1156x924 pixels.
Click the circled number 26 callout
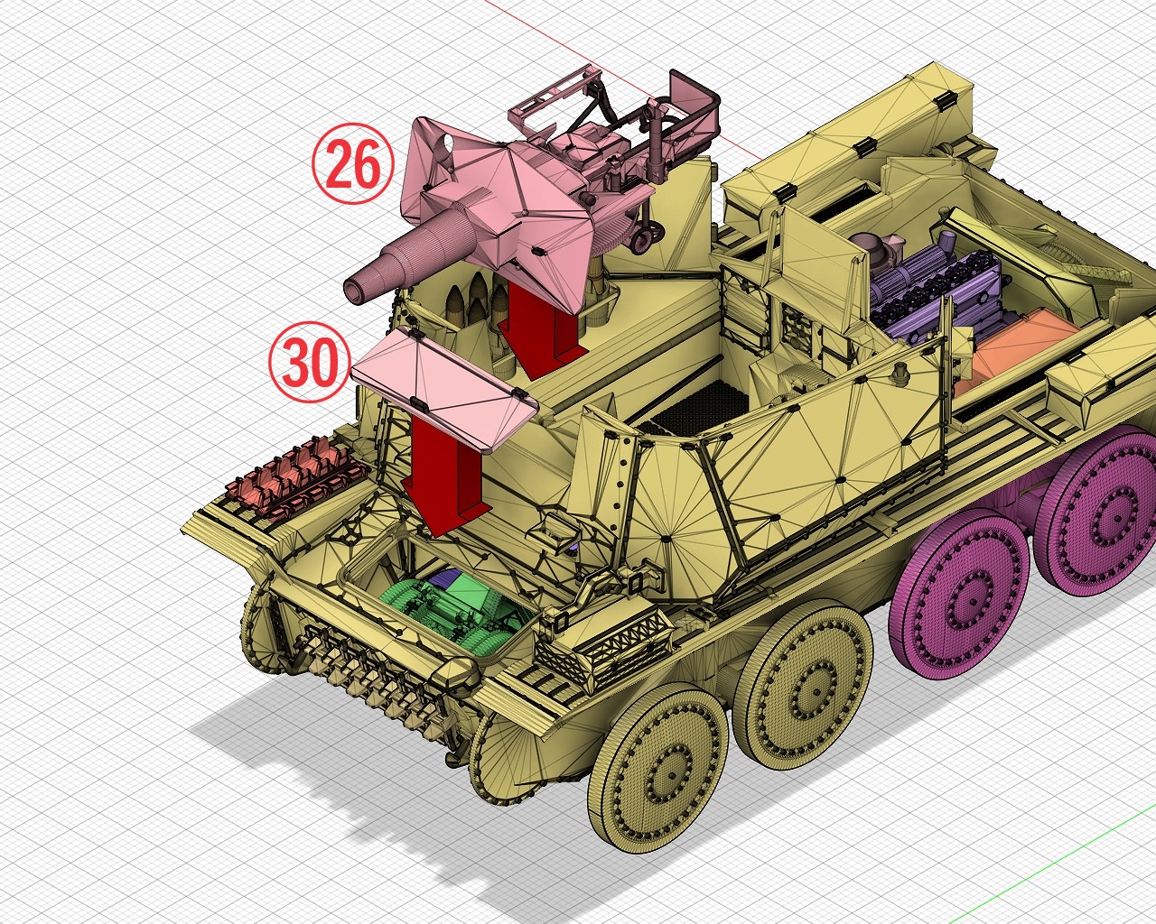point(353,163)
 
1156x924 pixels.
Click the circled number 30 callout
point(310,362)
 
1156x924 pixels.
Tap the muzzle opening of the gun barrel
point(355,291)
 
